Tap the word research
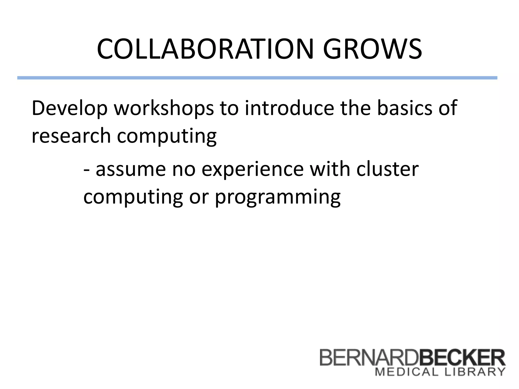(x=71, y=136)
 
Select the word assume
(x=131, y=170)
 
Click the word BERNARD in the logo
(x=369, y=357)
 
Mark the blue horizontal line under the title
(x=257, y=78)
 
